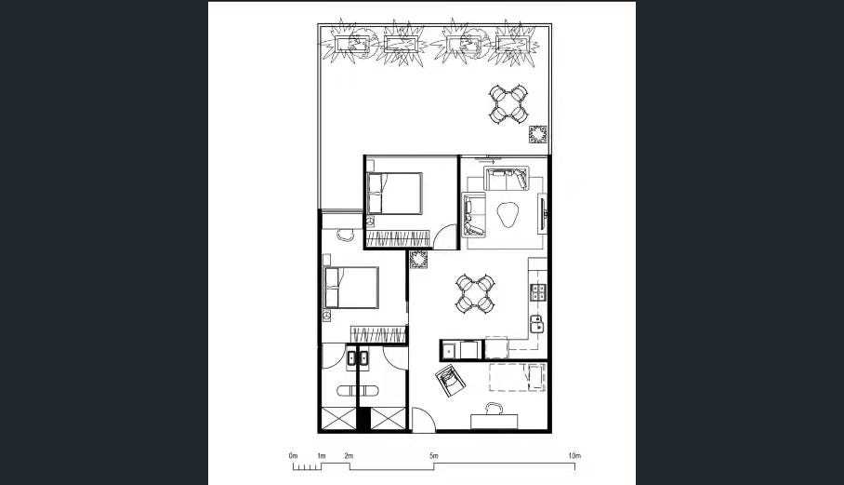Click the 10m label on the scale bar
click(574, 456)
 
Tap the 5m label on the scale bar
click(434, 456)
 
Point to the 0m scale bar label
click(293, 456)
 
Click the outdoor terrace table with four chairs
click(508, 103)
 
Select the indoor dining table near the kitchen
click(475, 293)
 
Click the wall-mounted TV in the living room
click(543, 214)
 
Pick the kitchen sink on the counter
click(536, 324)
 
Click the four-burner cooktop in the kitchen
click(538, 292)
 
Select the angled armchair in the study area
click(451, 381)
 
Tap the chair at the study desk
click(495, 408)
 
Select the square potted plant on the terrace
click(538, 134)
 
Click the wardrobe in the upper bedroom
click(399, 238)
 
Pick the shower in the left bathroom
click(339, 419)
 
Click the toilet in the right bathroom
click(369, 391)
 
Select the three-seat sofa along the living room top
click(506, 179)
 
